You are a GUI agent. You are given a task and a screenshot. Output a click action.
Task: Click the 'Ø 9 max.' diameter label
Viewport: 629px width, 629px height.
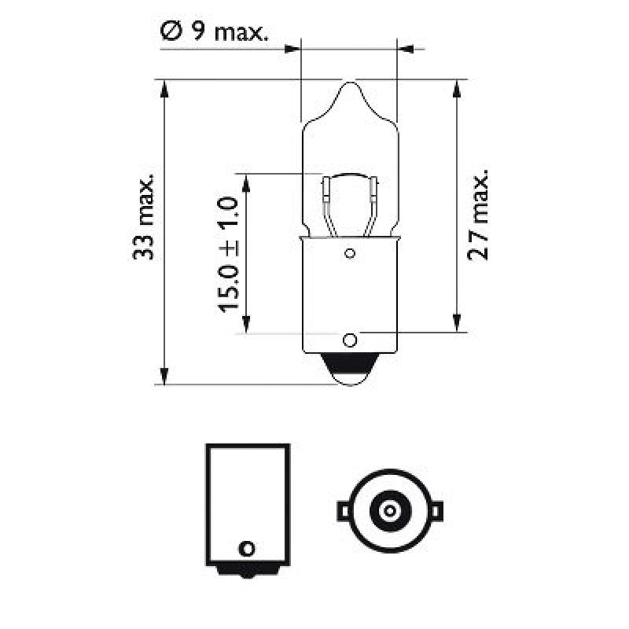(214, 32)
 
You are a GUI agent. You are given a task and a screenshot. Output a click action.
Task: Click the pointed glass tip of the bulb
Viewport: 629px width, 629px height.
(350, 83)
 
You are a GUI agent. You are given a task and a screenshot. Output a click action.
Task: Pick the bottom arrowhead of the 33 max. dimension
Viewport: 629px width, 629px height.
(164, 377)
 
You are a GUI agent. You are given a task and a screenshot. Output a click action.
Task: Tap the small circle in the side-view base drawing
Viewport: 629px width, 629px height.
(248, 547)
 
